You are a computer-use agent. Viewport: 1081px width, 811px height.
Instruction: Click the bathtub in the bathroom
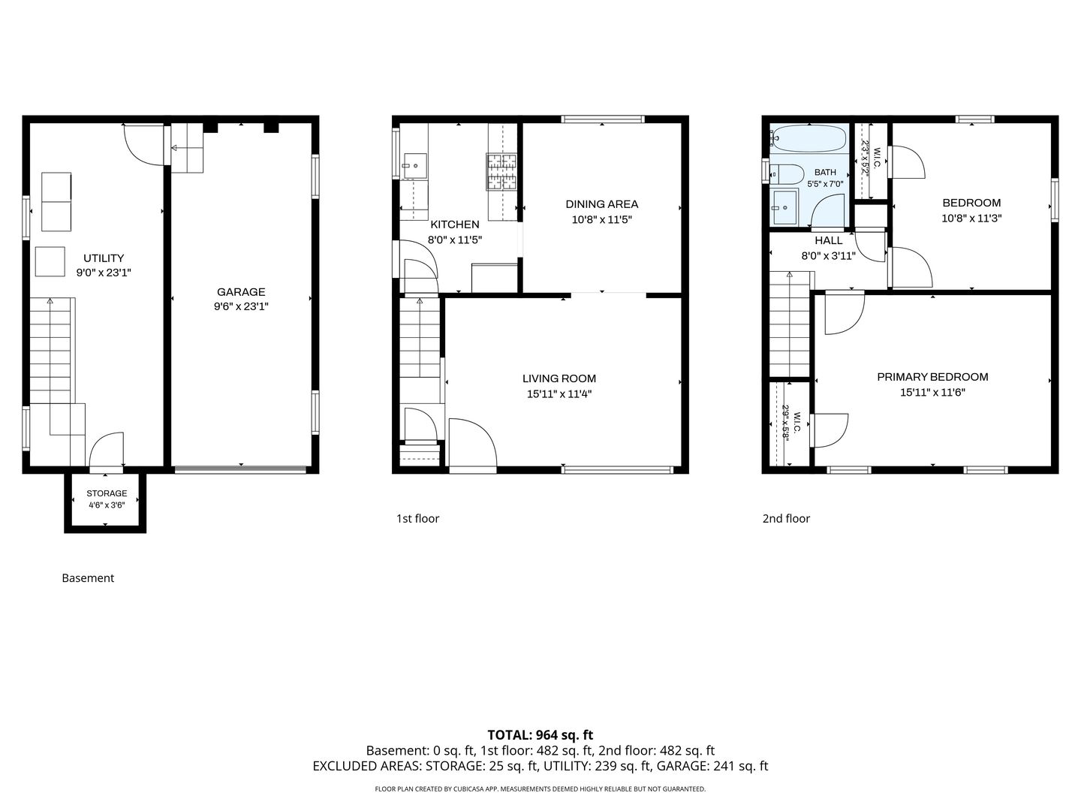pos(809,138)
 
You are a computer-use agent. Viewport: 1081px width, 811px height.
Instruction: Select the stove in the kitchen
pos(502,171)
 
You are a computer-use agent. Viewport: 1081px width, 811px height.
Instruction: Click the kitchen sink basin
pos(415,166)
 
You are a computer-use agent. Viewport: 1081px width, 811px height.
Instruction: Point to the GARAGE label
pos(241,292)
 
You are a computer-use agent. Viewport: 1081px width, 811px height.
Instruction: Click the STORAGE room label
pos(107,493)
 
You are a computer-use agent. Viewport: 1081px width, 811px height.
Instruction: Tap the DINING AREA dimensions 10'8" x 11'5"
pos(601,219)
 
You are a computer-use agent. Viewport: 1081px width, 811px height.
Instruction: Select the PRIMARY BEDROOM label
pos(932,377)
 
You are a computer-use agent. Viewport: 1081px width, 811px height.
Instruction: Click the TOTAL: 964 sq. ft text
pos(540,735)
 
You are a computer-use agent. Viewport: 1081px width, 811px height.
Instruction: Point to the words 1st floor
pos(417,518)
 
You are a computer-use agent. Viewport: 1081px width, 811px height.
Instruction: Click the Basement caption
pos(88,578)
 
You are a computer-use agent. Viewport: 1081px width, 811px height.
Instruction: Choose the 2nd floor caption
pos(786,518)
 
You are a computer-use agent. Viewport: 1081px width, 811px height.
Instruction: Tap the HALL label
pos(828,241)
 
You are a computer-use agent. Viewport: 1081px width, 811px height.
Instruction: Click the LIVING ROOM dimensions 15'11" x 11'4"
pos(559,394)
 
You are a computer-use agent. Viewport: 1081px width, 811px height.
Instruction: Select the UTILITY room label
pos(104,258)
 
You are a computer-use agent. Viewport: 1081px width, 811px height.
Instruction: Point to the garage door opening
pos(241,470)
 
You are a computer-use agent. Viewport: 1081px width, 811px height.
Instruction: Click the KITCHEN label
pos(455,225)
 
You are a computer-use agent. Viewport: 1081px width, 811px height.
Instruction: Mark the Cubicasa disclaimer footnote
pos(540,788)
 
